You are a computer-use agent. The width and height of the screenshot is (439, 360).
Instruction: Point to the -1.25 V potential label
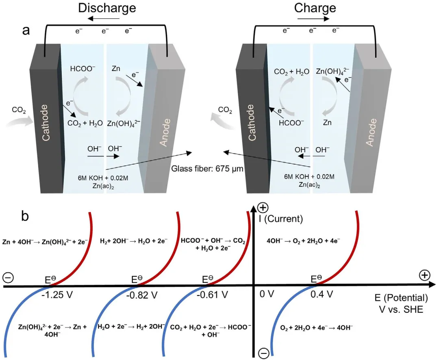pyautogui.click(x=57, y=294)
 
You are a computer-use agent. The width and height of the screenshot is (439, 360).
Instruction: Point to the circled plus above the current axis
pyautogui.click(x=263, y=208)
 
